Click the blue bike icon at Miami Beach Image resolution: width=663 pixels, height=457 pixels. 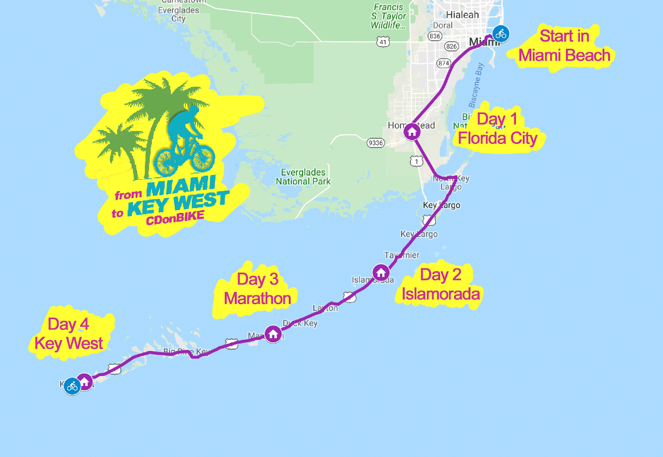501,34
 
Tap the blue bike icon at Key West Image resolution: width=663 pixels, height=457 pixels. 72,387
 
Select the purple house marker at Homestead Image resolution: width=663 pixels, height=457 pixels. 412,132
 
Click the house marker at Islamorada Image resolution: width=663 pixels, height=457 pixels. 381,273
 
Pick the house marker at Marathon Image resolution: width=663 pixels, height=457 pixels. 273,334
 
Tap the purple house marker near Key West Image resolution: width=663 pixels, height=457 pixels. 85,381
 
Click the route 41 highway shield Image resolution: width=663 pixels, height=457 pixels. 383,42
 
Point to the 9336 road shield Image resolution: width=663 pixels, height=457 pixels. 376,143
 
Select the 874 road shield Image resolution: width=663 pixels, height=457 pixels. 443,63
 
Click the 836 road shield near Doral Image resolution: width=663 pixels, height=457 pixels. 435,36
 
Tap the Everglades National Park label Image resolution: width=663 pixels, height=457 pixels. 303,177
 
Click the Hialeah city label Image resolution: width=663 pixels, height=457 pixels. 462,15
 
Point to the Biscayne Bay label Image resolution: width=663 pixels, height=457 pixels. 476,85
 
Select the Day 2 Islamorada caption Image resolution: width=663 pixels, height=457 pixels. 440,284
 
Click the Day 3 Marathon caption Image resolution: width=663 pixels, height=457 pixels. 257,289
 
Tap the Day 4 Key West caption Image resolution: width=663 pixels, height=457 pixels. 68,334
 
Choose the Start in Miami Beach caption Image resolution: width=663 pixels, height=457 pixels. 564,46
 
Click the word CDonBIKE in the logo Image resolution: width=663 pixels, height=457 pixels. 175,218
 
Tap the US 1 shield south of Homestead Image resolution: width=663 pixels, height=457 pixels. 416,161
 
